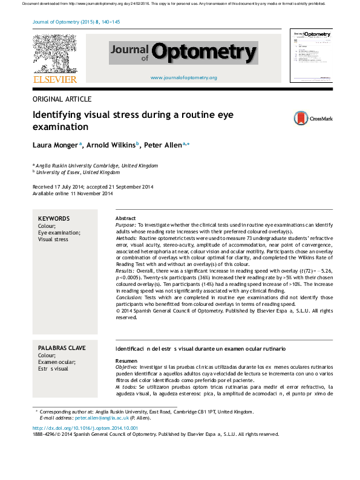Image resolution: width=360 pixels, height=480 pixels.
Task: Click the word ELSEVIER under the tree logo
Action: click(55, 77)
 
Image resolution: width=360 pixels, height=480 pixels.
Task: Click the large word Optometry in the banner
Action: click(204, 53)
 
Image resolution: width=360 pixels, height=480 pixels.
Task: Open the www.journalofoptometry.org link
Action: click(183, 78)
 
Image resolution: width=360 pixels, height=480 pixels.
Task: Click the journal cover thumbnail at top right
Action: click(312, 55)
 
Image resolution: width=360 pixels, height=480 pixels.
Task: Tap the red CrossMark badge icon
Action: click(301, 118)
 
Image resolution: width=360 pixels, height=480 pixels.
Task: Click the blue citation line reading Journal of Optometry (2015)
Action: click(76, 22)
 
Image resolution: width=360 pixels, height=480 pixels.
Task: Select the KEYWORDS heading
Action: click(54, 219)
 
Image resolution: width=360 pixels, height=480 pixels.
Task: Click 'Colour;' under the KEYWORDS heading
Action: click(47, 226)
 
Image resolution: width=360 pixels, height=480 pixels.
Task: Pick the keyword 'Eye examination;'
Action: click(59, 233)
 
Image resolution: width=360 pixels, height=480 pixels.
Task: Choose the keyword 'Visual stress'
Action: click(53, 239)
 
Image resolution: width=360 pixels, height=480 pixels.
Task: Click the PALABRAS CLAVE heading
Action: click(62, 349)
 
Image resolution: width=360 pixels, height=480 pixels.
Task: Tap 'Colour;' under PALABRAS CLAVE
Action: click(47, 355)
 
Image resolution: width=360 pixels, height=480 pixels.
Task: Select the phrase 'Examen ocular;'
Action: click(57, 362)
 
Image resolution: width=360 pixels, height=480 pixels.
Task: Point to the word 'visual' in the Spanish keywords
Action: click(62, 369)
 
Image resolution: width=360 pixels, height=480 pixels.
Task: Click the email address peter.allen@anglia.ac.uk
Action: click(102, 418)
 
